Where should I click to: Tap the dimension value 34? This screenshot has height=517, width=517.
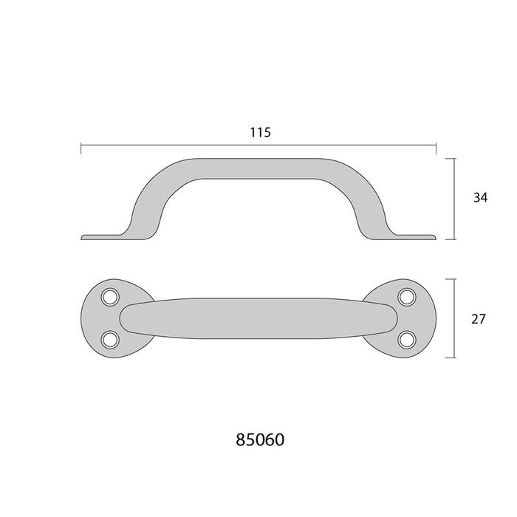[x=480, y=197]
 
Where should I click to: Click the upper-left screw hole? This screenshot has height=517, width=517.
[x=111, y=297]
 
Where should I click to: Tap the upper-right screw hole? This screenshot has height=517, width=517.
[x=406, y=297]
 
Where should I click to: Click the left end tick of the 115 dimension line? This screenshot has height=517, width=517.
[x=81, y=149]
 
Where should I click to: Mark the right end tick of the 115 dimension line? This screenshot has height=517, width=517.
[x=436, y=149]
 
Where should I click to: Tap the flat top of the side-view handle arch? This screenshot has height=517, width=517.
[x=258, y=167]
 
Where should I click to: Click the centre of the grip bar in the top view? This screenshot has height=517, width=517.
[x=258, y=318]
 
